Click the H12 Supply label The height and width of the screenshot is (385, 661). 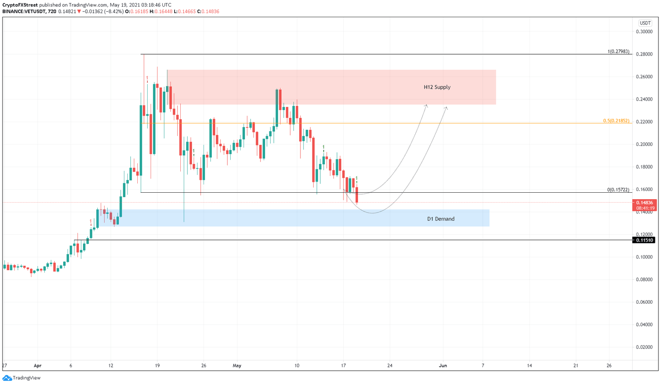click(437, 87)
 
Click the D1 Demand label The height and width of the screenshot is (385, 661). click(441, 219)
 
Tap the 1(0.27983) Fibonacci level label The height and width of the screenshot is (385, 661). click(618, 52)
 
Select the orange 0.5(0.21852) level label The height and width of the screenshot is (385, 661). click(616, 121)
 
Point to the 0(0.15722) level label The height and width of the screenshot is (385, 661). click(618, 190)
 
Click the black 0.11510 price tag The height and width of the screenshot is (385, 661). click(644, 240)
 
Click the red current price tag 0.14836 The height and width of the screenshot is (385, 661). click(644, 203)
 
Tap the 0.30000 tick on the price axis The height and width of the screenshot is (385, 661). click(644, 32)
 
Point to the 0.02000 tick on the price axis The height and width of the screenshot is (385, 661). click(644, 347)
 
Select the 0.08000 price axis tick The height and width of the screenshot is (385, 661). click(644, 280)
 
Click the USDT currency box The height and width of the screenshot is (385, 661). click(645, 23)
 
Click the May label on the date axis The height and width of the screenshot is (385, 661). click(237, 366)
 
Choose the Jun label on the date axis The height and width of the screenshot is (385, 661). click(443, 366)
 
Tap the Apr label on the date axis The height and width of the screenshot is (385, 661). click(37, 366)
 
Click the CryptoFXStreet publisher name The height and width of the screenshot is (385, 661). click(20, 5)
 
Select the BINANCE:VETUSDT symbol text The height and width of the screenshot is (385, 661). click(24, 12)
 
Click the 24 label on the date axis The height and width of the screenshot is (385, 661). click(390, 366)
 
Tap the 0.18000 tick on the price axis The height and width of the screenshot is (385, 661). click(644, 167)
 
